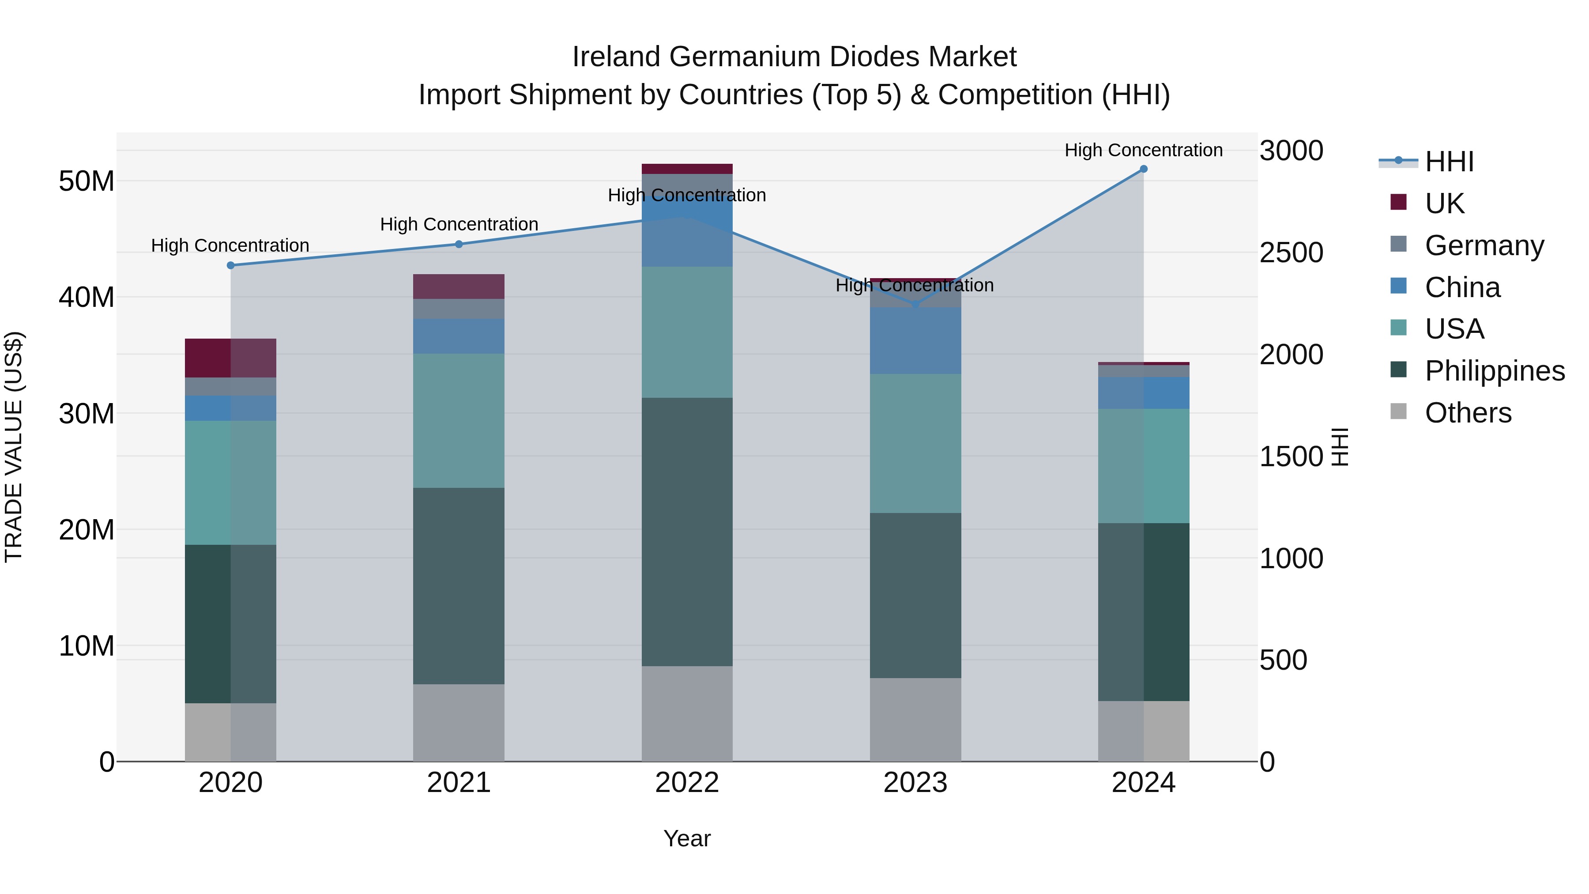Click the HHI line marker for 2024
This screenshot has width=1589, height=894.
click(x=1143, y=169)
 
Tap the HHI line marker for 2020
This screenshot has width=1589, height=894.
click(x=231, y=265)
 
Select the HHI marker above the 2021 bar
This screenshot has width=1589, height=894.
click(x=459, y=244)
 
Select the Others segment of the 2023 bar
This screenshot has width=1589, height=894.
click(x=915, y=720)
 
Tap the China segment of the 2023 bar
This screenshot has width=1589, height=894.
click(x=915, y=340)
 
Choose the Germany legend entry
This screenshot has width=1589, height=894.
click(x=1484, y=245)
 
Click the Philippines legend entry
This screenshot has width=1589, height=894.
click(x=1494, y=371)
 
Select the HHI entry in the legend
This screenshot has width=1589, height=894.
click(x=1449, y=162)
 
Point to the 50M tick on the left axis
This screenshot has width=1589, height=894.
click(x=87, y=181)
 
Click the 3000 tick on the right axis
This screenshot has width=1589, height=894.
click(x=1291, y=151)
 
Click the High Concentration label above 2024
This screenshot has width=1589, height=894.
click(x=1143, y=150)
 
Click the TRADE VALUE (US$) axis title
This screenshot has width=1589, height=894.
click(x=14, y=447)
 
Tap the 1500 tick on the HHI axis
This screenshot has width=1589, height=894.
click(x=1291, y=456)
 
